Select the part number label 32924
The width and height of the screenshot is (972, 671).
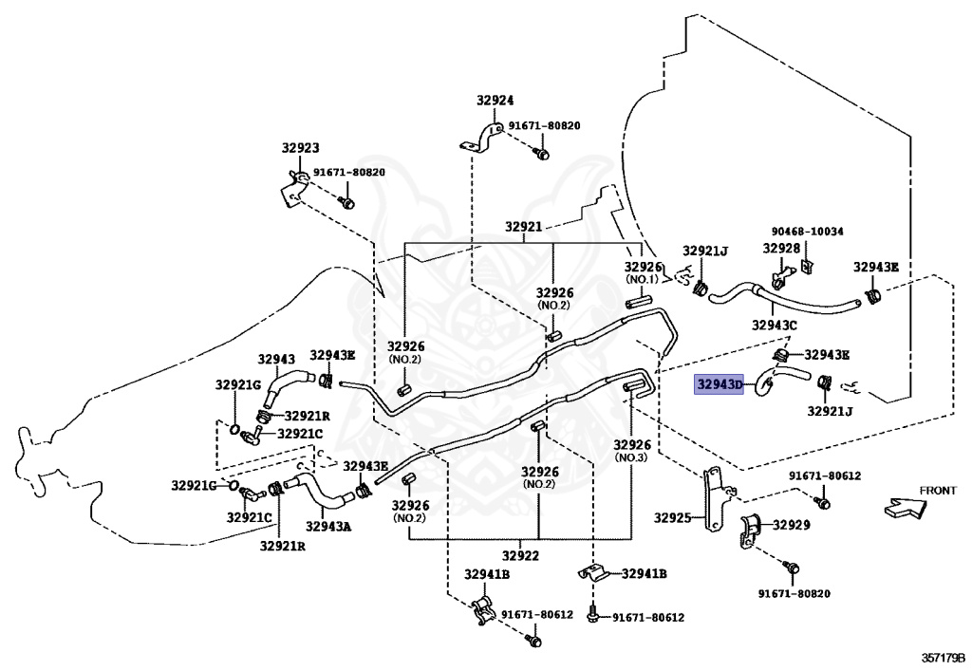495,100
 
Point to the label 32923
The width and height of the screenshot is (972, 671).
300,147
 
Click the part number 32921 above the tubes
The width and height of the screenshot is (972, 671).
523,227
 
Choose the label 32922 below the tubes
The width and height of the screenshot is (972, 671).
522,556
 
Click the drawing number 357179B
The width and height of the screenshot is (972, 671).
942,657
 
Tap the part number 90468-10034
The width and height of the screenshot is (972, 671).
807,231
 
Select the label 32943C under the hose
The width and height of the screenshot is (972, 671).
775,326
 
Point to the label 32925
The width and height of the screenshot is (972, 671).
674,518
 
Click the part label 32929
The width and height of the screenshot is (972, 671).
791,524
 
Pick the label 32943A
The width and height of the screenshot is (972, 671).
328,526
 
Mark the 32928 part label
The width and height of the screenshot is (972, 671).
781,248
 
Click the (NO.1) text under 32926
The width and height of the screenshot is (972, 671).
642,280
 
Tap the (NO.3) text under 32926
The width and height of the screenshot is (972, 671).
630,457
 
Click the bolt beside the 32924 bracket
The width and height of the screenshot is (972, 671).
540,151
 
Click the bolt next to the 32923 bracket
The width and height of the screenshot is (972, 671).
347,202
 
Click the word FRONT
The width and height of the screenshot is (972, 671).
937,491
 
